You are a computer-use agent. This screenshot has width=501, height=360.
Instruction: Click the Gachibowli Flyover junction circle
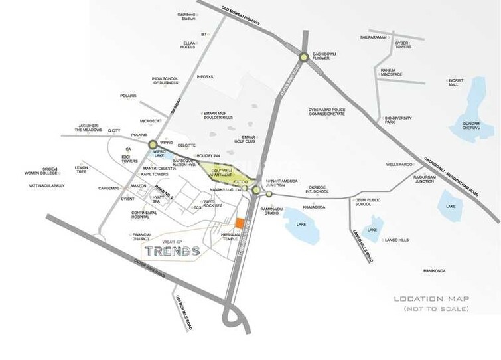[x=303, y=58]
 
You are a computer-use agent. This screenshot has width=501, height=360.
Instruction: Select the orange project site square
[x=239, y=222]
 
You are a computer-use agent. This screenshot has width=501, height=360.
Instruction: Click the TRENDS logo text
[x=172, y=251]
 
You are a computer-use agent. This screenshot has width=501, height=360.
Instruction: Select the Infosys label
[x=205, y=77]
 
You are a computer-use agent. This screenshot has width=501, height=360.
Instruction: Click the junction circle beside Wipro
[x=153, y=143]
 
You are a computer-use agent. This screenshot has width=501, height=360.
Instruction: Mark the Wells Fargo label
[x=399, y=164]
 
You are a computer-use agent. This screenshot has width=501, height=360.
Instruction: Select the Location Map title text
[x=431, y=299]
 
